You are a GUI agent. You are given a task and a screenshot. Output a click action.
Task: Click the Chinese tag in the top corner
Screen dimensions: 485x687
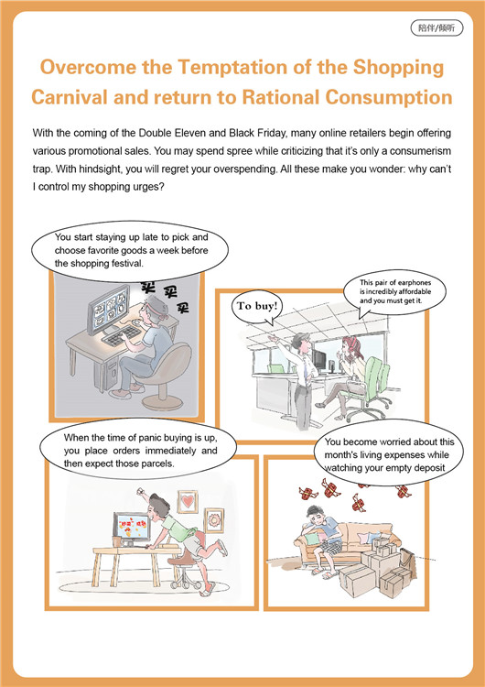[x=436, y=28]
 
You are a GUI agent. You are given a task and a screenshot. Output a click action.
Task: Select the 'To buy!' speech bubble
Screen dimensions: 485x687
[x=257, y=307]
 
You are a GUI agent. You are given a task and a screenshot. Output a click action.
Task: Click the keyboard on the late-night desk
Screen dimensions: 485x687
[x=121, y=335]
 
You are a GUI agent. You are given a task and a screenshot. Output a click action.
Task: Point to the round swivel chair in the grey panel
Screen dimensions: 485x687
[x=165, y=375]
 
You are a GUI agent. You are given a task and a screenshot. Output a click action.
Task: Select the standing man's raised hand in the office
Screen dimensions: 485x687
[x=273, y=338]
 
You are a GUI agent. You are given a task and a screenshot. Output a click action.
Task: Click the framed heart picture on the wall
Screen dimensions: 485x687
[x=188, y=502]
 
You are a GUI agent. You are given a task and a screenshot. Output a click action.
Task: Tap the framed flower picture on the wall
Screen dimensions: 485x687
[x=214, y=520]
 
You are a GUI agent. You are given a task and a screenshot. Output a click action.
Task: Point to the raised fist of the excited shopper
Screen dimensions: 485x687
[x=141, y=491]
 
